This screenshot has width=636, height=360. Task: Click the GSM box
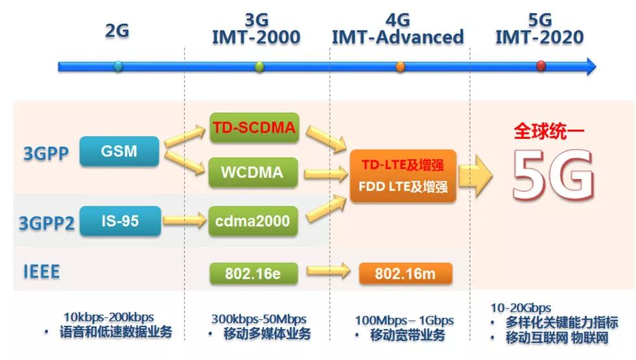pyautogui.click(x=119, y=151)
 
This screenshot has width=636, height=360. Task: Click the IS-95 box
pyautogui.click(x=119, y=221)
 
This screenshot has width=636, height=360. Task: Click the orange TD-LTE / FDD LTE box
pyautogui.click(x=403, y=175)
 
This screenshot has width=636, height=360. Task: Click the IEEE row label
pyautogui.click(x=41, y=271)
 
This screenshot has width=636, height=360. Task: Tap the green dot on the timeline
pyautogui.click(x=259, y=66)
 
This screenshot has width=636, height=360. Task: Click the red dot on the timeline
pyautogui.click(x=541, y=66)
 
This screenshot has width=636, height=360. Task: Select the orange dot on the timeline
pyautogui.click(x=400, y=66)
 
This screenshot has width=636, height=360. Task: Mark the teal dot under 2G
pyautogui.click(x=117, y=66)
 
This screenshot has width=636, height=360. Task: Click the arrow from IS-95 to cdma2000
pyautogui.click(x=184, y=222)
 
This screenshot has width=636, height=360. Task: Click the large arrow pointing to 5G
pyautogui.click(x=477, y=175)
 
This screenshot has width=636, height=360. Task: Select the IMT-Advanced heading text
pyautogui.click(x=398, y=37)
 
